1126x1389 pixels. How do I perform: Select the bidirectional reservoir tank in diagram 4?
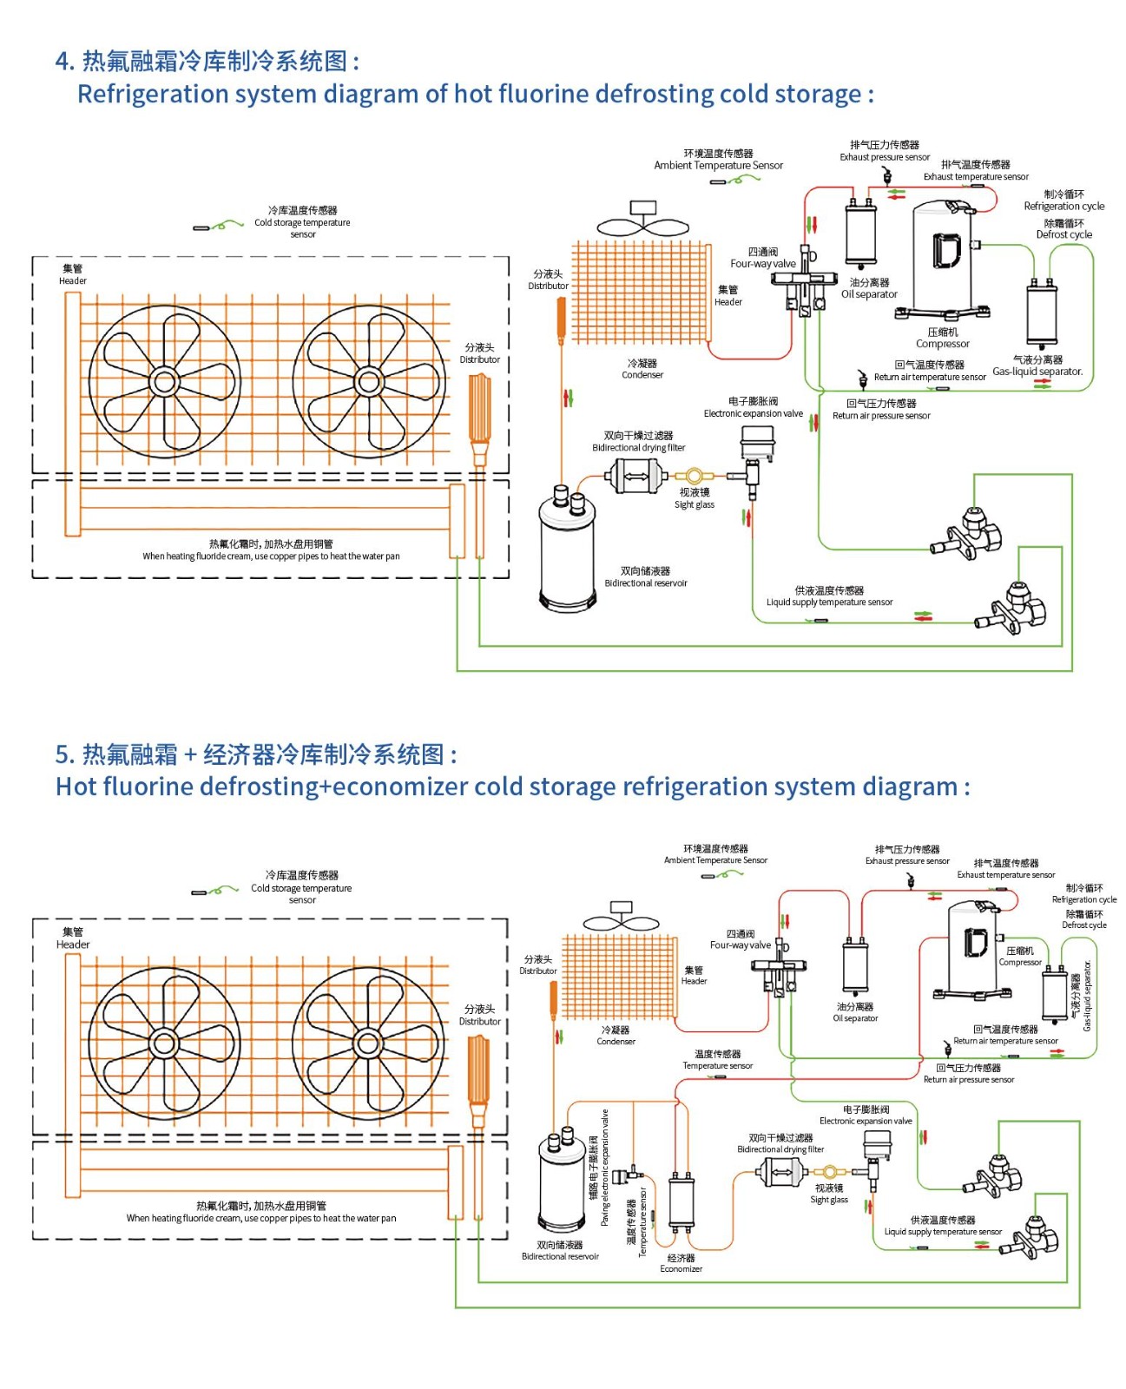pyautogui.click(x=568, y=551)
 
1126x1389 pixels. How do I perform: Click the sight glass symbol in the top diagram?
pyautogui.click(x=694, y=476)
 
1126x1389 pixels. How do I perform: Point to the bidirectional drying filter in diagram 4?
pyautogui.click(x=635, y=476)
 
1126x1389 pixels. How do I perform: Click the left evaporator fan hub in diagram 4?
pyautogui.click(x=164, y=381)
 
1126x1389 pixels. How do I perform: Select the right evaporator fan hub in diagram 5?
pyautogui.click(x=368, y=1043)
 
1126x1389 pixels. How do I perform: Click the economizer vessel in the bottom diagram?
pyautogui.click(x=682, y=1202)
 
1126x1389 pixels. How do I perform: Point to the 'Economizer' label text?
pyautogui.click(x=682, y=1269)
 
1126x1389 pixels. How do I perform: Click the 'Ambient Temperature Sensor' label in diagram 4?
pyautogui.click(x=718, y=165)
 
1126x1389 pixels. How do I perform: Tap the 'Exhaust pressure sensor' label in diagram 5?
pyautogui.click(x=907, y=861)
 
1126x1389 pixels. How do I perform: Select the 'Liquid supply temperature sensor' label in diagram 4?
pyautogui.click(x=829, y=602)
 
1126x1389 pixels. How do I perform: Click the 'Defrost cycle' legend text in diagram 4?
pyautogui.click(x=1063, y=234)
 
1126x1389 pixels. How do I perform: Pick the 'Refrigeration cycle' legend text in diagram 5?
pyautogui.click(x=1084, y=899)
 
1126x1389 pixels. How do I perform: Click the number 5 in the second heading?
pyautogui.click(x=63, y=754)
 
